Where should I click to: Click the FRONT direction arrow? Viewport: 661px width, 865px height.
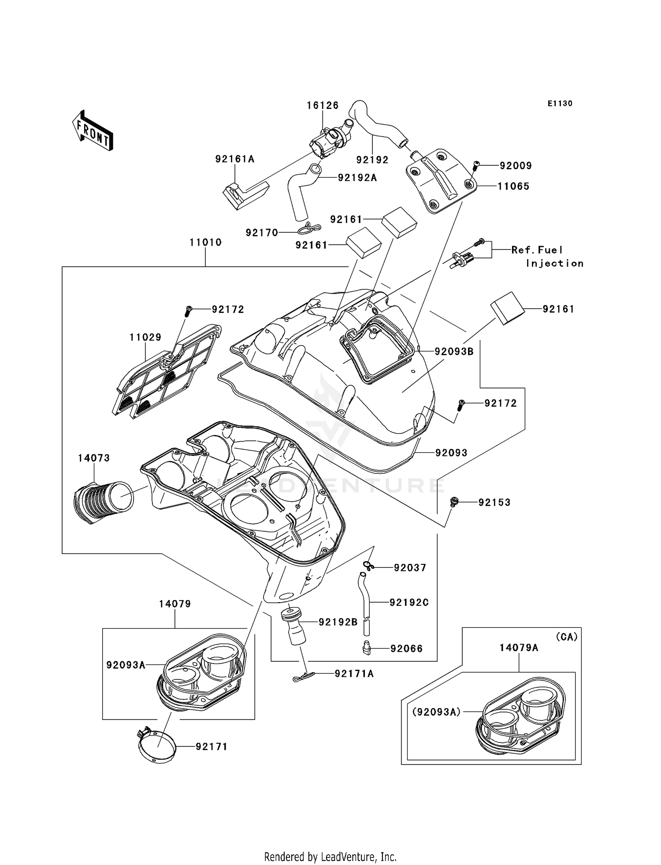[93, 131]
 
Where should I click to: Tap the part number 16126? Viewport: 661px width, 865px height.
[323, 105]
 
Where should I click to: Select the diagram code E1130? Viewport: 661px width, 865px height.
[560, 104]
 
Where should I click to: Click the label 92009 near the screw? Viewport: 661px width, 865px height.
[516, 166]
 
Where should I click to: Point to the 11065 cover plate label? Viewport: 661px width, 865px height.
[513, 186]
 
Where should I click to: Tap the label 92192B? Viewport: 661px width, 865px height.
[338, 622]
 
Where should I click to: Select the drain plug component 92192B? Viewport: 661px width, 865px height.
[294, 626]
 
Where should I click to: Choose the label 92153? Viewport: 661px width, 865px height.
[494, 503]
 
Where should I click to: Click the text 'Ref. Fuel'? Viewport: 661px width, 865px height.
[537, 250]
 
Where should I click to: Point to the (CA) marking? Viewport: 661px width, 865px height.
[566, 637]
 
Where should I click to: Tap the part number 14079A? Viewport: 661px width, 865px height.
[519, 648]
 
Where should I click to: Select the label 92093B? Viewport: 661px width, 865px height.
[454, 351]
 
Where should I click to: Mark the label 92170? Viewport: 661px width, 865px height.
[262, 233]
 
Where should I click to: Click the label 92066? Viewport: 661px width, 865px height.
[406, 649]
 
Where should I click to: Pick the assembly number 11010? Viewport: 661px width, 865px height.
[205, 242]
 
